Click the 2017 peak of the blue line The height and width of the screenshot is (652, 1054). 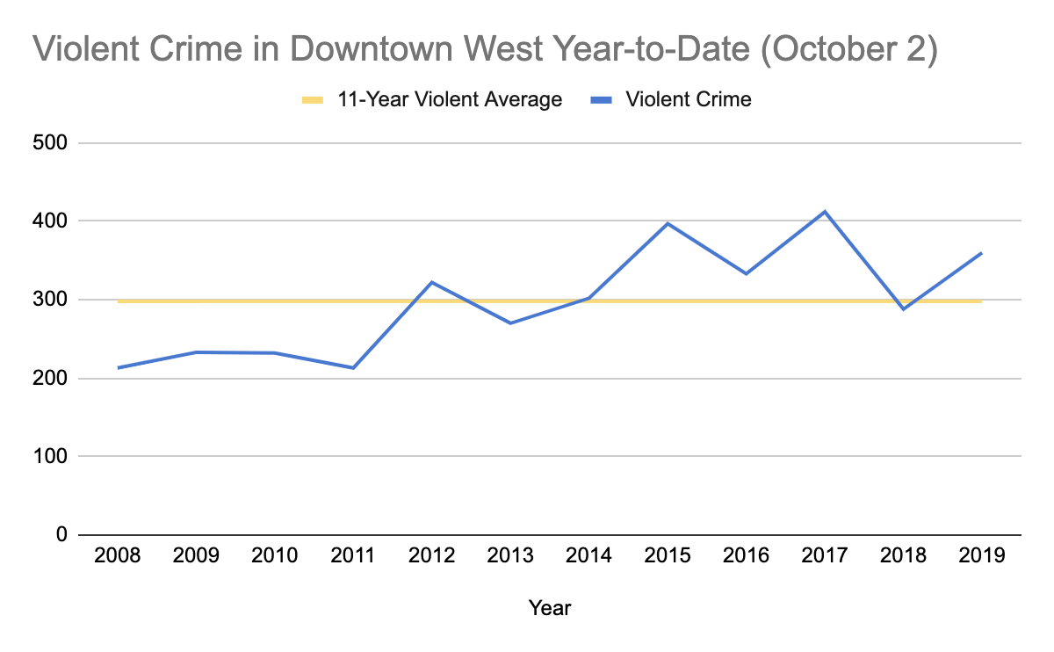click(825, 212)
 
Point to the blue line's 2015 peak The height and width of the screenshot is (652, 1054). click(668, 223)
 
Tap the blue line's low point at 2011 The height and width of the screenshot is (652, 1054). click(353, 367)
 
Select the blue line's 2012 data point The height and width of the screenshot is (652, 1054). click(432, 282)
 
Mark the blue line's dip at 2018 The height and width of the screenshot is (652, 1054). click(903, 309)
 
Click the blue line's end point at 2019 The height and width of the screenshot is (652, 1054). click(981, 253)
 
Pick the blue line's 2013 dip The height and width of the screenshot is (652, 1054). click(510, 323)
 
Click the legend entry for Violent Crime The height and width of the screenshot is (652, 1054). click(688, 99)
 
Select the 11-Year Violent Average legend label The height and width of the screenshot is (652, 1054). click(450, 99)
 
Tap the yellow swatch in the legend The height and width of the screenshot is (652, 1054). click(314, 99)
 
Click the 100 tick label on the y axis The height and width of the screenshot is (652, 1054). click(53, 457)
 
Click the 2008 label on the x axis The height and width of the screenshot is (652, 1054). click(118, 556)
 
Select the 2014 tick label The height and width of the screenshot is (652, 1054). click(588, 556)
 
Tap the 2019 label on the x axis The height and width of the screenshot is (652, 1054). click(981, 556)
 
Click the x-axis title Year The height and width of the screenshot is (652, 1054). click(550, 607)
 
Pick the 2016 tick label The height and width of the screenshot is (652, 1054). click(746, 556)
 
